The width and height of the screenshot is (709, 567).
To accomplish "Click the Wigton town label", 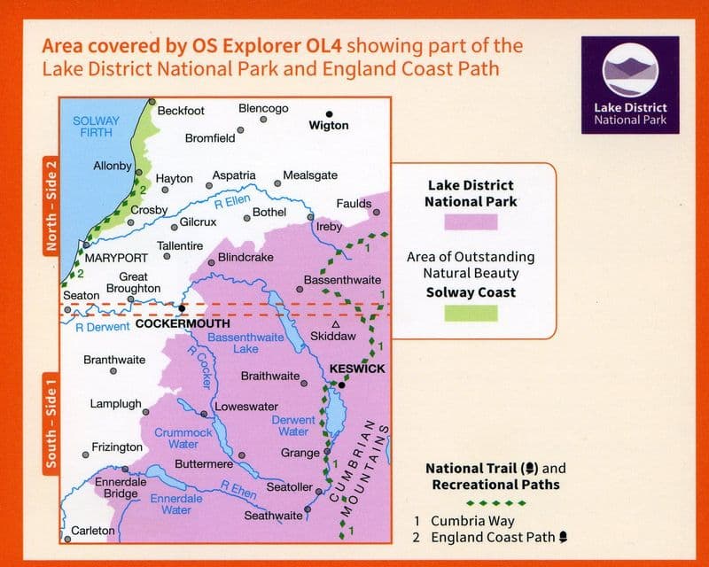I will click(x=329, y=126).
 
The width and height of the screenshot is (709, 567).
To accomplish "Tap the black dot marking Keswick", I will click(x=342, y=384).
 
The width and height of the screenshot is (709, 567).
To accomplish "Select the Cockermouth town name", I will click(x=182, y=324).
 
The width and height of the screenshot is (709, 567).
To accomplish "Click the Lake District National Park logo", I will click(x=630, y=86).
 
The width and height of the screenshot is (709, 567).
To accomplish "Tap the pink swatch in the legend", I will click(x=471, y=221).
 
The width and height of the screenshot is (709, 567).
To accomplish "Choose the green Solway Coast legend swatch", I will click(x=471, y=312).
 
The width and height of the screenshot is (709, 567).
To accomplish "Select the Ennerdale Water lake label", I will click(x=176, y=504).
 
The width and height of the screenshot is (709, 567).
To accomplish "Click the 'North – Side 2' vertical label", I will click(x=51, y=206).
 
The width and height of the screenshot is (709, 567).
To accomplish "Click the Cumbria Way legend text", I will click(x=472, y=521).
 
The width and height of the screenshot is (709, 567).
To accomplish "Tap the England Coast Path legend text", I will click(x=492, y=537).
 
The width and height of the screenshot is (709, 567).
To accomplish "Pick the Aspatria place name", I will click(x=234, y=176).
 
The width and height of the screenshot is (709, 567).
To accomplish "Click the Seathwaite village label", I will click(x=274, y=516).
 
